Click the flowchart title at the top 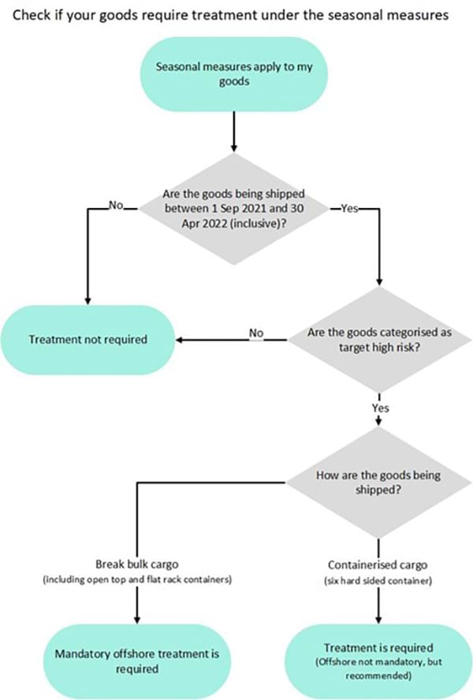236,13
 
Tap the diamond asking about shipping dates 234,210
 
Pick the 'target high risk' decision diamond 379,340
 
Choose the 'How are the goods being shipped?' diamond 379,483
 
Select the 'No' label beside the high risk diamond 256,333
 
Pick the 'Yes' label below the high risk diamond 379,408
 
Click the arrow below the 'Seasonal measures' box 234,131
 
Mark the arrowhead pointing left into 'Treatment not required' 179,341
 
